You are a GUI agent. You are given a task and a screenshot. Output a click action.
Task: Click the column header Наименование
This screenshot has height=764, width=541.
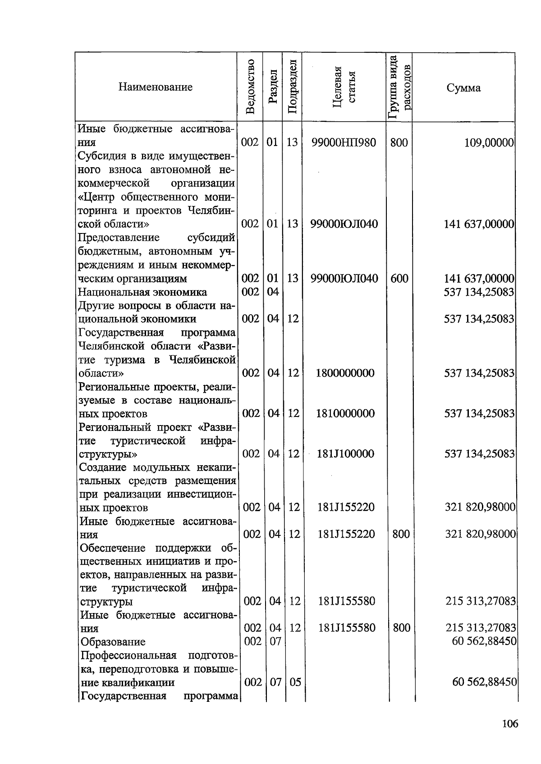(155, 87)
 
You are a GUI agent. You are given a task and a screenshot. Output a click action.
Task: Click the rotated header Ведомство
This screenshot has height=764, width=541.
(250, 87)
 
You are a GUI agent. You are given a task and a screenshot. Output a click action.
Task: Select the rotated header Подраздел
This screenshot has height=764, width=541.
(292, 87)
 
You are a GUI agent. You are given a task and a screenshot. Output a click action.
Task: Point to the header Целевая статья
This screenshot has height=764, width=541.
(344, 87)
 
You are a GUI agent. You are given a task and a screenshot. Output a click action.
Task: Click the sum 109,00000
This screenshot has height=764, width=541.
(489, 143)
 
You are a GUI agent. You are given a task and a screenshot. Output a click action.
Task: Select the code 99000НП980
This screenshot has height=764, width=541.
(344, 143)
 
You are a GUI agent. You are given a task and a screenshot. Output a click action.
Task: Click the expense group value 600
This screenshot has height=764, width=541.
(399, 279)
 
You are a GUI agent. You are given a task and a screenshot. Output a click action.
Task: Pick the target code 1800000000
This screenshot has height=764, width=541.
(345, 373)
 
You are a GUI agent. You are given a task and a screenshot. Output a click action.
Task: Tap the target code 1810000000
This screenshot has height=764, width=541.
(345, 413)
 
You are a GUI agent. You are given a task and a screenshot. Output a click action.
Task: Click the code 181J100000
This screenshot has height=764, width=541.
(345, 453)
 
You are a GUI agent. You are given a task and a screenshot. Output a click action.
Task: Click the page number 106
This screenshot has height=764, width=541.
(510, 724)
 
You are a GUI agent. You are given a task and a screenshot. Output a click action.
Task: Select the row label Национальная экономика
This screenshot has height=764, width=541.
(142, 292)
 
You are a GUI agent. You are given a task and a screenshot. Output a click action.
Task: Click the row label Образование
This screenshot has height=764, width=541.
(113, 641)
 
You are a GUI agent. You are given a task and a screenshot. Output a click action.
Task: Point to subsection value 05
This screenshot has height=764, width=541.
(295, 682)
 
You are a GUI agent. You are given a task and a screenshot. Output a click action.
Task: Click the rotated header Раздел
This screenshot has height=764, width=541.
(272, 87)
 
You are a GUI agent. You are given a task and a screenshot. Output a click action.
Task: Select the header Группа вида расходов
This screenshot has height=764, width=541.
(399, 87)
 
